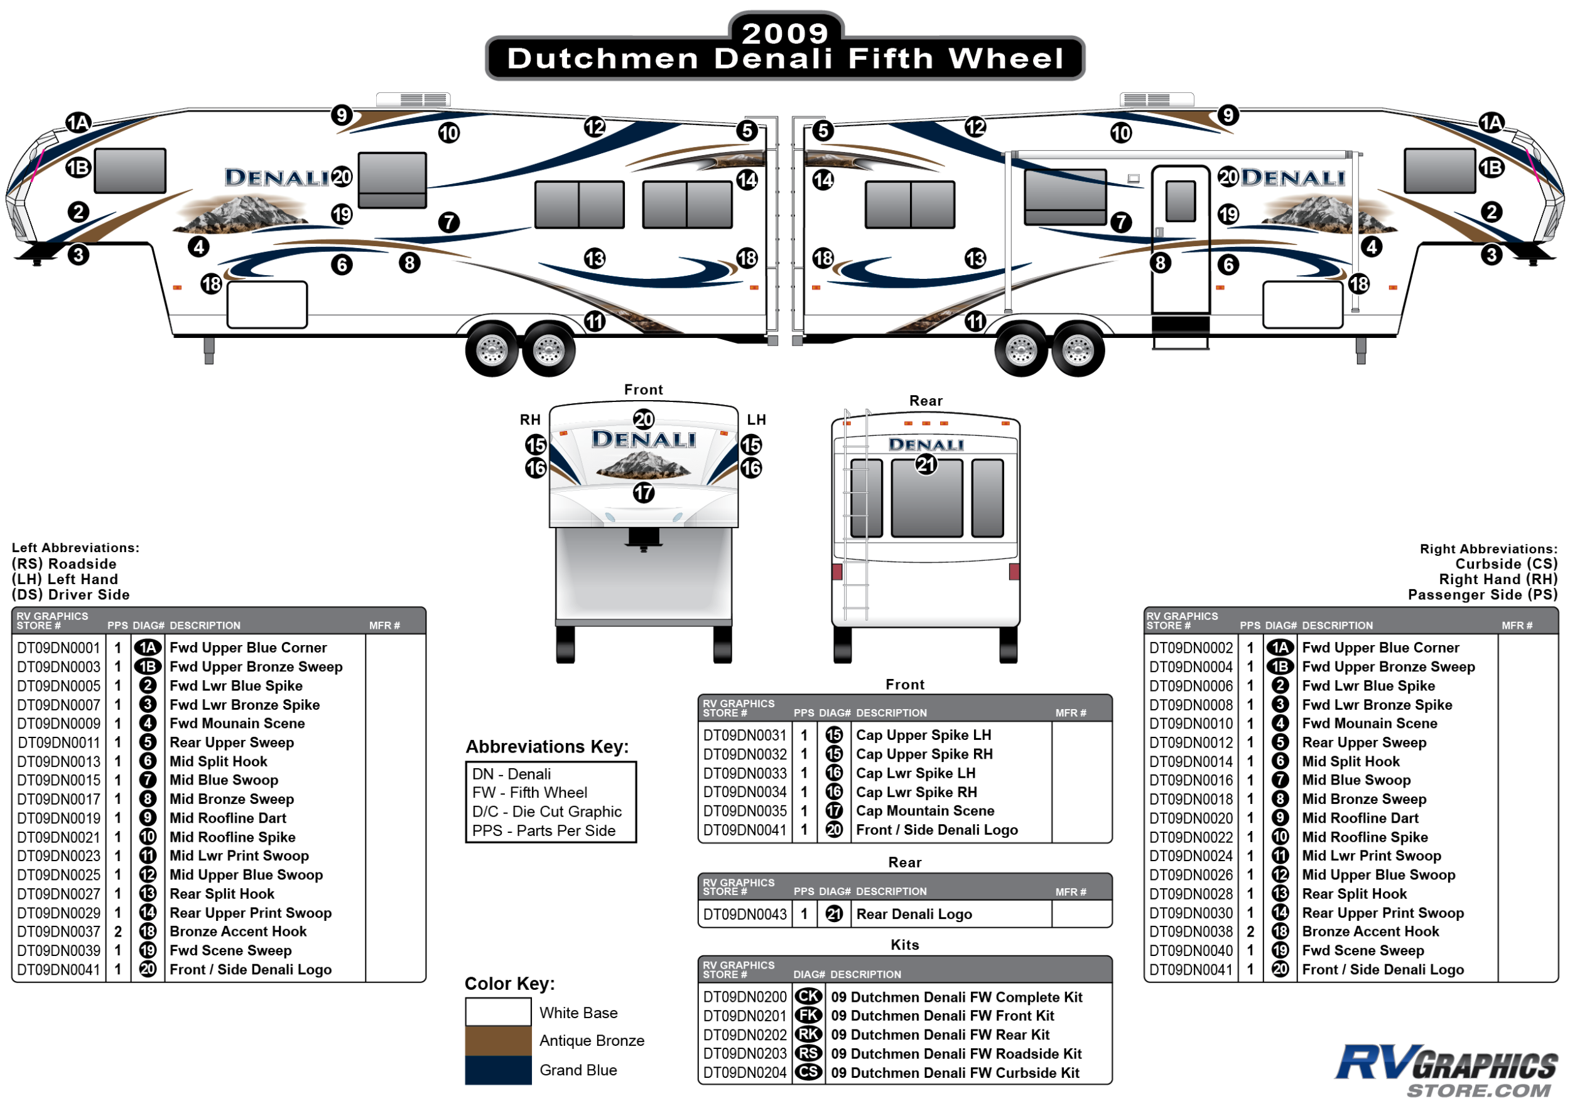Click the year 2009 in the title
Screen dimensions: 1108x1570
click(784, 33)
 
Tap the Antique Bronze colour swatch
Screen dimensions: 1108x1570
click(498, 1040)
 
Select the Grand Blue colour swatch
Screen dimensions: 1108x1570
click(498, 1070)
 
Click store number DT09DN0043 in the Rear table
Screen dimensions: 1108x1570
click(745, 915)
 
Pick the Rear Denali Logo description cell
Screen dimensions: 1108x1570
click(914, 915)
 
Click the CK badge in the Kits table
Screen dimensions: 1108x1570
click(808, 997)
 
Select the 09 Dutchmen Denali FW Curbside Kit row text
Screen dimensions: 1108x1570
click(955, 1073)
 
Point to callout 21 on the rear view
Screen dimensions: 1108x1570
click(926, 465)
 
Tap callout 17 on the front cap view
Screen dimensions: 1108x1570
click(644, 492)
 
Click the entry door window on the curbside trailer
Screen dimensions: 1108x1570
click(1180, 201)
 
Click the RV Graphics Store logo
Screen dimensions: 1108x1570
click(1446, 1070)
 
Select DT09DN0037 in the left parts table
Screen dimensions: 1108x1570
click(59, 931)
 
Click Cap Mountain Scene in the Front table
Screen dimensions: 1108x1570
click(924, 811)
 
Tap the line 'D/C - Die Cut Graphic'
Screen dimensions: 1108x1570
click(546, 812)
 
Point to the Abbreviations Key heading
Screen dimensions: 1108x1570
click(546, 747)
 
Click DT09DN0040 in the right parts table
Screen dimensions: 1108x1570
click(1191, 951)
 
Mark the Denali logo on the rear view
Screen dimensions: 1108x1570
click(926, 445)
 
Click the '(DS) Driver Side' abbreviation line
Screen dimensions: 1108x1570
click(70, 595)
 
